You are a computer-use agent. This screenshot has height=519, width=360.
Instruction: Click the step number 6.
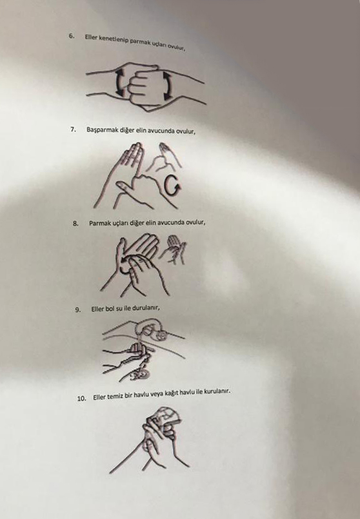(71, 36)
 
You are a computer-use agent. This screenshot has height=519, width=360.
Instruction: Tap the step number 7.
(73, 129)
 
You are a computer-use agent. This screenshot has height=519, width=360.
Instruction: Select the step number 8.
(75, 224)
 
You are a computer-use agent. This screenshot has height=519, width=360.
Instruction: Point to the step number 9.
(78, 310)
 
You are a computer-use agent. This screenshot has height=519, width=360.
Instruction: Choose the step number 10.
(81, 398)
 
